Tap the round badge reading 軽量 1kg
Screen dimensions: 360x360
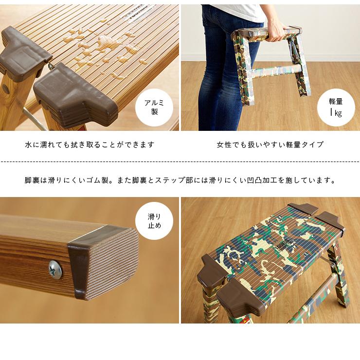pos(336,108)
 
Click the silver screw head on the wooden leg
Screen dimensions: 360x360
pos(55,269)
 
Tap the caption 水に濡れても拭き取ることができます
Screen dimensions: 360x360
pos(90,144)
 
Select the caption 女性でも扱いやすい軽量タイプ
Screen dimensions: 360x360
pos(270,144)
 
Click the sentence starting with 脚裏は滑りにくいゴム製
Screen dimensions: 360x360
pos(180,180)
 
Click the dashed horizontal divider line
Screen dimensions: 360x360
pos(180,162)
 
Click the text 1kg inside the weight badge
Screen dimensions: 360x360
pos(336,113)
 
